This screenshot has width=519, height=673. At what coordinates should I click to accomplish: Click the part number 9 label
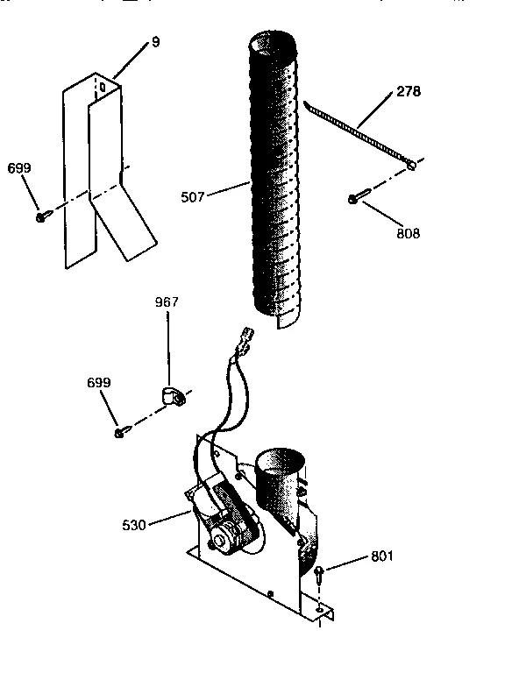pyautogui.click(x=155, y=41)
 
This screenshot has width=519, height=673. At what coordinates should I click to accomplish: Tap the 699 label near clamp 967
pyautogui.click(x=99, y=384)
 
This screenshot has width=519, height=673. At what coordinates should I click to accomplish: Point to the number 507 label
pyautogui.click(x=193, y=197)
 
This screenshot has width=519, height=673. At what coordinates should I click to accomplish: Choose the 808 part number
pyautogui.click(x=409, y=233)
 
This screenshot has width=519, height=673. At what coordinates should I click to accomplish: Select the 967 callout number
pyautogui.click(x=167, y=302)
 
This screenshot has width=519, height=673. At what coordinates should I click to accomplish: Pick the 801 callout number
pyautogui.click(x=381, y=556)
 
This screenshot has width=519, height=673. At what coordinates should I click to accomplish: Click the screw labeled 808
pyautogui.click(x=353, y=200)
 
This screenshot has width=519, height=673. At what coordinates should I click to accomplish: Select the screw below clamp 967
pyautogui.click(x=120, y=433)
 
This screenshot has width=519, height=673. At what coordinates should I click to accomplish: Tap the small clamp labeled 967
pyautogui.click(x=172, y=397)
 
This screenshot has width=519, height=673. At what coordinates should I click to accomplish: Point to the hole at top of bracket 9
pyautogui.click(x=102, y=88)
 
